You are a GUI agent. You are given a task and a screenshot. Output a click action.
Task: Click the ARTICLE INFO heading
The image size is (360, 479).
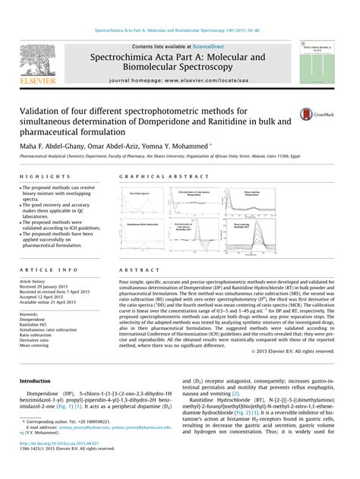click(48, 270)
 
